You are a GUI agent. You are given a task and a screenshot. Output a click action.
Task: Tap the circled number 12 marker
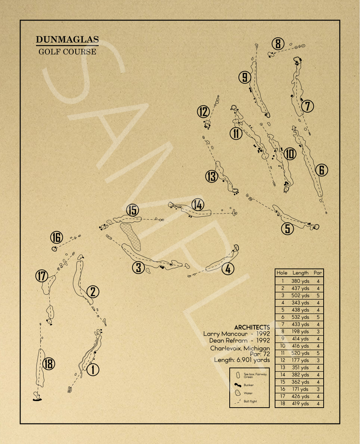point(203,112)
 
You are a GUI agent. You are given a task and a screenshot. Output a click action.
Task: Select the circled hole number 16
point(56,238)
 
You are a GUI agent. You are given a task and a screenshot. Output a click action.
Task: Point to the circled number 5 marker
point(287,228)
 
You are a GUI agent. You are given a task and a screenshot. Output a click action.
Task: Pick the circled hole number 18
point(49,364)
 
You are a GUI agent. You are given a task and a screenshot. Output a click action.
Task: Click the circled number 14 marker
point(198,204)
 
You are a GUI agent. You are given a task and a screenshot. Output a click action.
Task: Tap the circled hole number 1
point(93,370)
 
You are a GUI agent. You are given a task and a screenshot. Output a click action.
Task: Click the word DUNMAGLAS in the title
point(67,40)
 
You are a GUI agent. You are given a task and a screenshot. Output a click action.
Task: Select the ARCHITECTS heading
point(252,327)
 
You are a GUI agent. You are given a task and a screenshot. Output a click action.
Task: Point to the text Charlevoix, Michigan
point(240,349)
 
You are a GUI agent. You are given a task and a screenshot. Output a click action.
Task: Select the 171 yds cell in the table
point(300,389)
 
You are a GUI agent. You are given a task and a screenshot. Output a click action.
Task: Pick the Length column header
point(300,273)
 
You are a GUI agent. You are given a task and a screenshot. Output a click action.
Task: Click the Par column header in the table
point(318,273)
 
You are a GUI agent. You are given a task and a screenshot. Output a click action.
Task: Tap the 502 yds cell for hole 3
point(300,295)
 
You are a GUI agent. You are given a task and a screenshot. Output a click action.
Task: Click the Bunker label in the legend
point(248,385)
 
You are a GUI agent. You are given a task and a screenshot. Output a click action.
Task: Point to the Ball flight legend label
point(250,401)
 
